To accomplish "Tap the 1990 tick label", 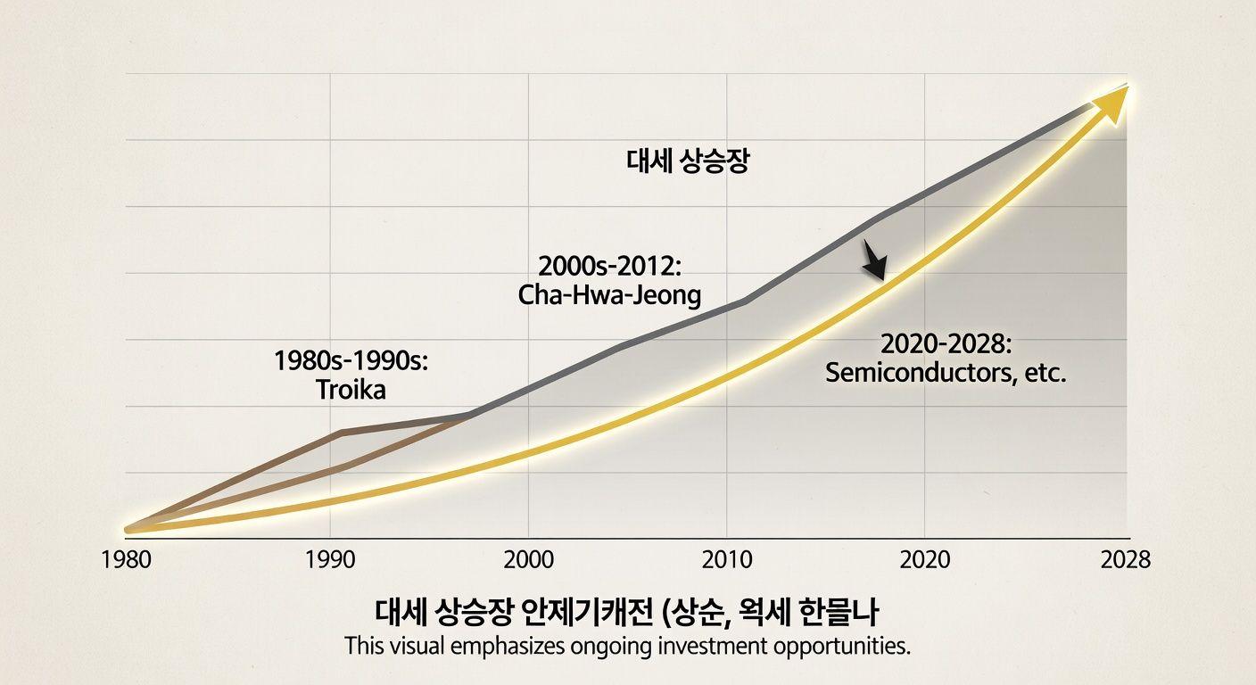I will [x=330, y=560].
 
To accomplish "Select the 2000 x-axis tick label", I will [x=528, y=560].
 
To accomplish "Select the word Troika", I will [x=351, y=390].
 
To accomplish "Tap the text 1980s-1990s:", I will [x=352, y=362].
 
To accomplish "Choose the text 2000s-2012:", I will [x=608, y=266].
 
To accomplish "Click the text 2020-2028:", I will [x=946, y=343].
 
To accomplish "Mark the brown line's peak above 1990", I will [x=343, y=432].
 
